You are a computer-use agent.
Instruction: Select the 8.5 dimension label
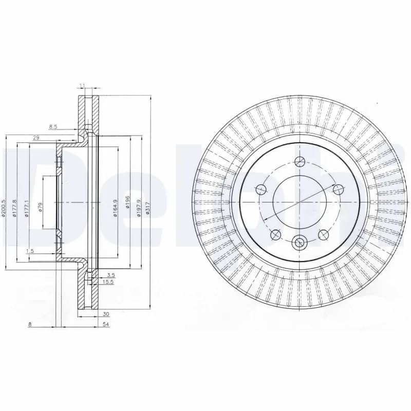pos(53,126)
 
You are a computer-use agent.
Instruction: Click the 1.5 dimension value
pos(30,251)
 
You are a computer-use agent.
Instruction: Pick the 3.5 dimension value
pos(110,276)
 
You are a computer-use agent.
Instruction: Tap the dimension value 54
pos(106,325)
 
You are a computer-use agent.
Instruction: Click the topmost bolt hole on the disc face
pos(299,163)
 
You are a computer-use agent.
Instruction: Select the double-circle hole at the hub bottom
pos(299,241)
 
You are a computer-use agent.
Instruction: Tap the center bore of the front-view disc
pos(299,201)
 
